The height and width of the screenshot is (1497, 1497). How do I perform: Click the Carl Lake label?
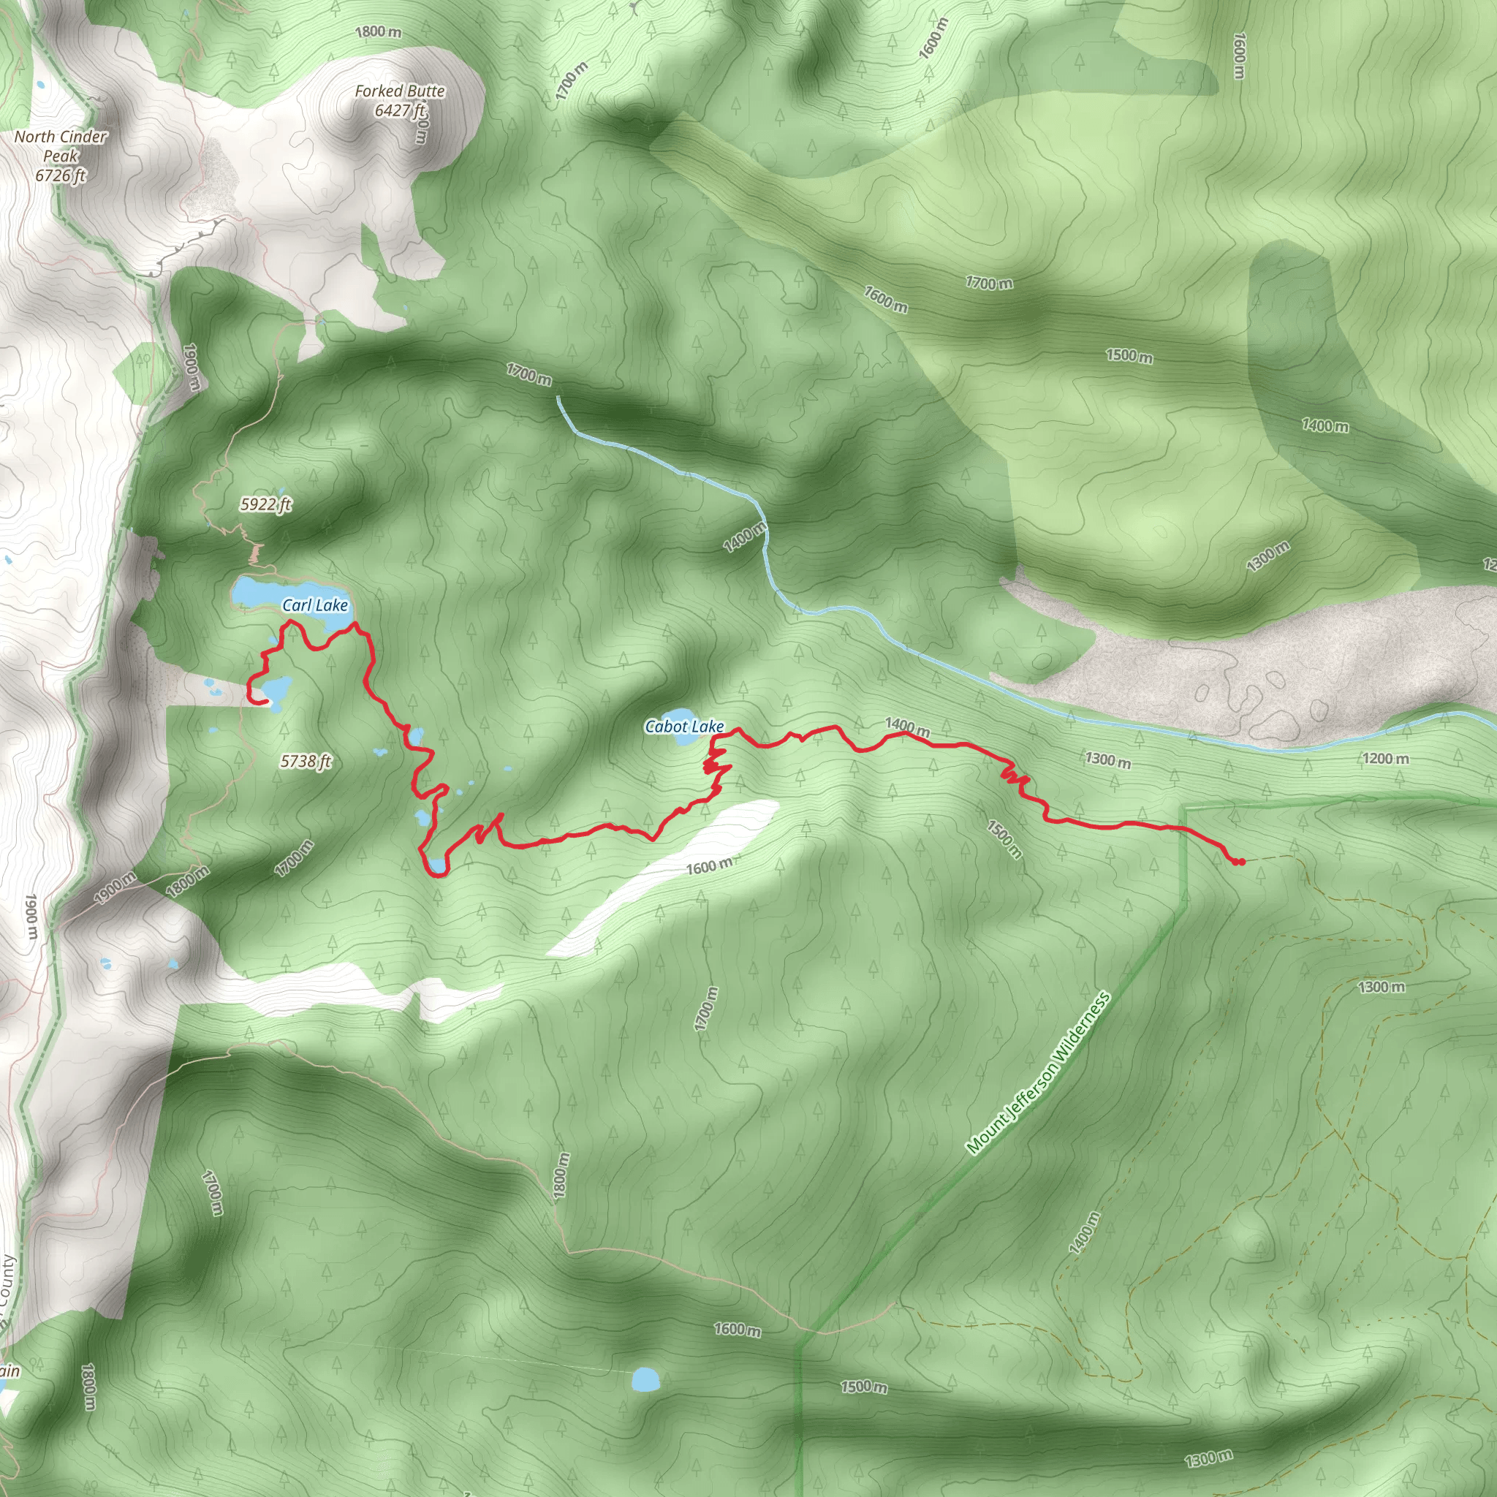point(314,605)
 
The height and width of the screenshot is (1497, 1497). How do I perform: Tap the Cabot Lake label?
point(684,726)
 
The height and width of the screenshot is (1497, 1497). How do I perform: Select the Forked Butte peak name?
point(400,91)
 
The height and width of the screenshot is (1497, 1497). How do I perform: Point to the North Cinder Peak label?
point(61,145)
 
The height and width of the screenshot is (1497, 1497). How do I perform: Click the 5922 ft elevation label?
point(266,504)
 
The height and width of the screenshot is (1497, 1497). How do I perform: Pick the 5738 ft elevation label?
point(306,762)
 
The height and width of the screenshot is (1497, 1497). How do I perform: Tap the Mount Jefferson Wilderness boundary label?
point(1038,1072)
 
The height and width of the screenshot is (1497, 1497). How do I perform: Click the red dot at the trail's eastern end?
point(1240,862)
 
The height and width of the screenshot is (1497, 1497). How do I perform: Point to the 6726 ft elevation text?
point(61,176)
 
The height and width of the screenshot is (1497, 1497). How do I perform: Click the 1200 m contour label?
point(1386,759)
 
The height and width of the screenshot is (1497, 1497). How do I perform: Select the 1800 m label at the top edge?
point(378,31)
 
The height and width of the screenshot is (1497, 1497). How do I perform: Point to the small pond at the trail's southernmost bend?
point(439,865)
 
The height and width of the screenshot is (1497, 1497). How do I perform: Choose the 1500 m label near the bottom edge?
point(863,1385)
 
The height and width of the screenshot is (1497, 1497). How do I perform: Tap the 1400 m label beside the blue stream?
point(745,537)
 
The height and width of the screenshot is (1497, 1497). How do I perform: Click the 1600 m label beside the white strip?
point(708,866)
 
